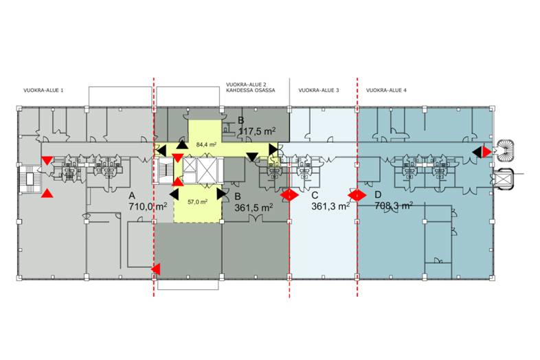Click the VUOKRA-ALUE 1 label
pyautogui.click(x=43, y=91)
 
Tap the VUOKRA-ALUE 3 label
pyautogui.click(x=319, y=91)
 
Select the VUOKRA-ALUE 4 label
pyautogui.click(x=386, y=91)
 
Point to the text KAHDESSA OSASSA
pyautogui.click(x=251, y=91)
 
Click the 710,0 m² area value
pyautogui.click(x=148, y=207)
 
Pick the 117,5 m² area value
pyautogui.click(x=257, y=131)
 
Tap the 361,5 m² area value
pyautogui.click(x=254, y=207)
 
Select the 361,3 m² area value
pyautogui.click(x=330, y=206)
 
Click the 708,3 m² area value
pyautogui.click(x=394, y=205)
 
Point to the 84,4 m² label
pyautogui.click(x=206, y=145)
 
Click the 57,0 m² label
pyautogui.click(x=197, y=202)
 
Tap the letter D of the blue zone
pyautogui.click(x=378, y=195)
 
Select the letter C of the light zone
pyautogui.click(x=315, y=195)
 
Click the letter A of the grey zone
pyautogui.click(x=132, y=196)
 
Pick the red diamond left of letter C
pyautogui.click(x=289, y=195)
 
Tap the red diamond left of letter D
pyautogui.click(x=357, y=195)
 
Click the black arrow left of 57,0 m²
pyautogui.click(x=174, y=194)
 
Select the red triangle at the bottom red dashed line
pyautogui.click(x=156, y=269)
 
